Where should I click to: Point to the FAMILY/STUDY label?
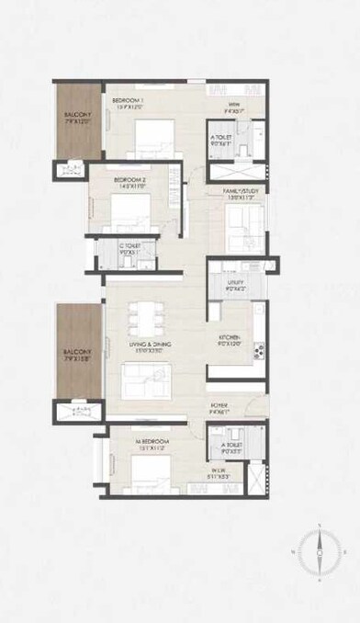pos(242,192)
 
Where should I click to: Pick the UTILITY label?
pos(236,286)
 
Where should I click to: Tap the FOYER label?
pos(219,405)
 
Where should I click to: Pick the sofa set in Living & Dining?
pos(144,378)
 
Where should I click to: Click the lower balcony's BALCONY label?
pos(75,352)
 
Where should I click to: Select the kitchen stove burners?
pos(258,349)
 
